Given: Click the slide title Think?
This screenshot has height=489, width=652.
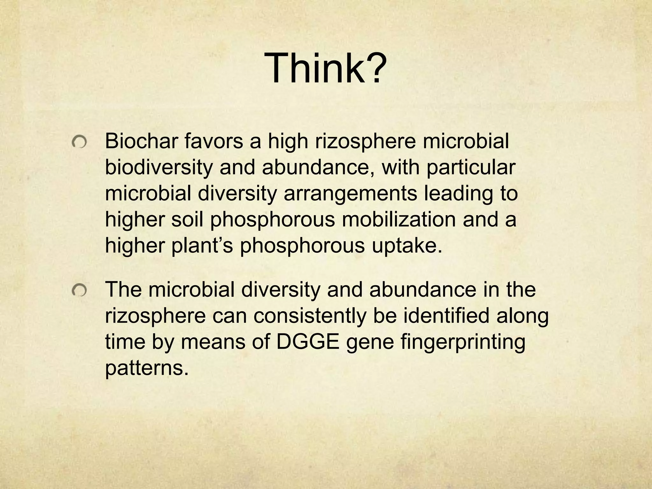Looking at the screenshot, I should (325, 68).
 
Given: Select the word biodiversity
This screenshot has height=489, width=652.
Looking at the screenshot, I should (158, 168).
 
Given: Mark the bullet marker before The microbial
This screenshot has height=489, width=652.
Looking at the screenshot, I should (79, 290).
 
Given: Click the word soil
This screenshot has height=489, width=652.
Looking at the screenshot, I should (187, 220).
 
